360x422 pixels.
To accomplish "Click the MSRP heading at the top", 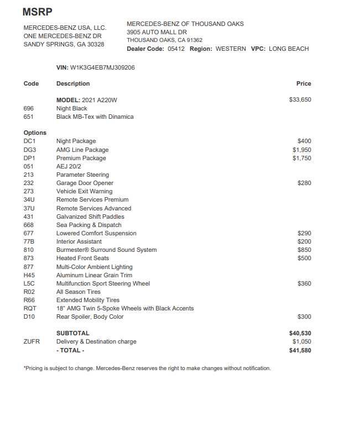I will click(38, 12).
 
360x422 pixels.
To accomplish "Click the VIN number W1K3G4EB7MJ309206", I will click(102, 67).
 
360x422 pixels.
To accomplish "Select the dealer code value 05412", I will click(176, 49).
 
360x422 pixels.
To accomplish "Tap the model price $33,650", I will click(300, 100).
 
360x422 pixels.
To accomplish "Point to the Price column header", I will click(304, 83).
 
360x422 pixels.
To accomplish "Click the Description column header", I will click(73, 83).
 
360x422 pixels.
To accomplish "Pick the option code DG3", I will click(30, 150).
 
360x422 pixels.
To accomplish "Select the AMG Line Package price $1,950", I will click(301, 150).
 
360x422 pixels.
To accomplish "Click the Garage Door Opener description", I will click(85, 183).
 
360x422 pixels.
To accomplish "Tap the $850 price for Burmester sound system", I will click(304, 250).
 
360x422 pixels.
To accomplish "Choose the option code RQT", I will click(30, 308).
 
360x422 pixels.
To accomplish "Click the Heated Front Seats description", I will click(82, 258).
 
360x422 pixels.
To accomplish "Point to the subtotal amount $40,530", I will click(300, 333).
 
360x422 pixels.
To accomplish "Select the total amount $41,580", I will click(300, 350).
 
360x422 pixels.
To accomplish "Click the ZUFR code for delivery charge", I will click(32, 341).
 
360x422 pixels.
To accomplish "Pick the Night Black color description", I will click(72, 108).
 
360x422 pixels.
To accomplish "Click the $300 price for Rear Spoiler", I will click(304, 317).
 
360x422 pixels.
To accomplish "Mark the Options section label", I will click(35, 133).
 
